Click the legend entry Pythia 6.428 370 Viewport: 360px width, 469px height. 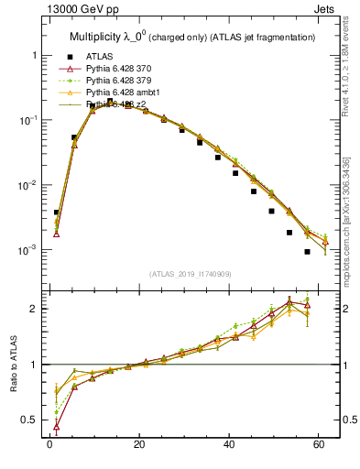pos(122,68)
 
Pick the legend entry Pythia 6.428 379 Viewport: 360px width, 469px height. pos(122,81)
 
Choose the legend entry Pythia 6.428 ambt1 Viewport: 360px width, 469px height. pos(125,93)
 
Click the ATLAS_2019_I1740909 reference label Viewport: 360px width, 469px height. pos(190,274)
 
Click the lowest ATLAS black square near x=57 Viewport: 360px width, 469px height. pos(307,252)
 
